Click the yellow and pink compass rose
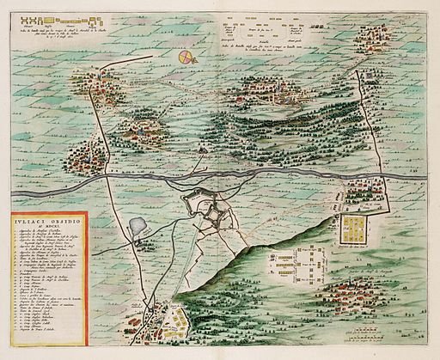(x=186, y=58)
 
